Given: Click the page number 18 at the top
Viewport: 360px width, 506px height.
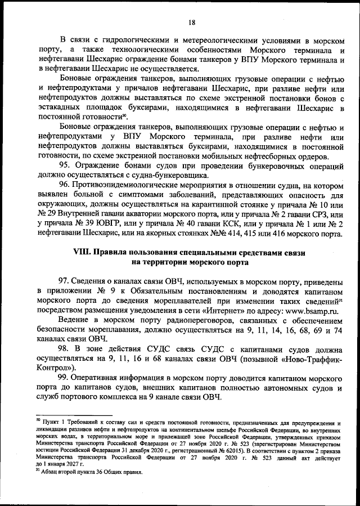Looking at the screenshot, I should point(191,23).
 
